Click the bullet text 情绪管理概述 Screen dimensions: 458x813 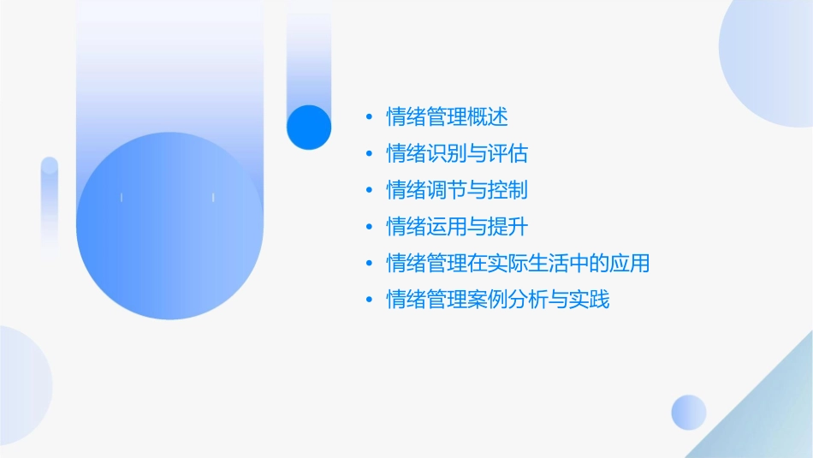coord(447,116)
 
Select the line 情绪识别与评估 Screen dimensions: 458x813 coord(457,153)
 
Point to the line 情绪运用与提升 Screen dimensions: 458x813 coord(457,227)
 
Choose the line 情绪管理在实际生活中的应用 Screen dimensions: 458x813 coord(518,263)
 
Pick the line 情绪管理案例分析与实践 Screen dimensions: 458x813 coord(498,300)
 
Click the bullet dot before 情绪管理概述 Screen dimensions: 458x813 coord(368,117)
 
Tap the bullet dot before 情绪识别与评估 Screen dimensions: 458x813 coord(368,154)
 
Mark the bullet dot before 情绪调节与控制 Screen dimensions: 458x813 coord(368,191)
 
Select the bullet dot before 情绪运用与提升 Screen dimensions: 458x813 coord(368,228)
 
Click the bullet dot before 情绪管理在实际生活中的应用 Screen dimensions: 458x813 coord(368,264)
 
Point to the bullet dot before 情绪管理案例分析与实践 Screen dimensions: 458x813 coord(368,300)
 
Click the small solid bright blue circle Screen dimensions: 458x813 coord(309,127)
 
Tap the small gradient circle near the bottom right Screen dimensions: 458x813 coord(689,412)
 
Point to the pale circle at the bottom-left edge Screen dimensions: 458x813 coord(21,385)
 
